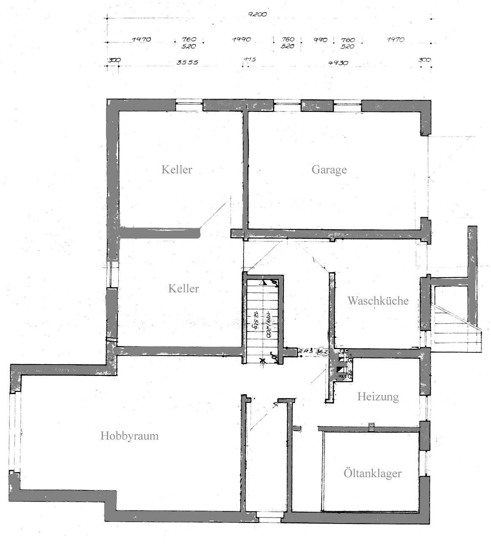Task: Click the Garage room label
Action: point(329,170)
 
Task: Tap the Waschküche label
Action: point(378,301)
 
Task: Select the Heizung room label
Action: point(378,397)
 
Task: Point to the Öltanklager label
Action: point(372,473)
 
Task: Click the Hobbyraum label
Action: point(130,436)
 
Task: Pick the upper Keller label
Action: point(177,170)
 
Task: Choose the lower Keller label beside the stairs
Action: point(183,289)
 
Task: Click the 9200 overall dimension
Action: point(258,14)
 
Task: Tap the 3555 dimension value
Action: point(187,62)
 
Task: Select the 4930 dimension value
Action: point(338,63)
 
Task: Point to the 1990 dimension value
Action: point(241,40)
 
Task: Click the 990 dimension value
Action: point(320,40)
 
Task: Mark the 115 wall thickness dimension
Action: point(250,60)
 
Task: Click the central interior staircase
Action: point(262,319)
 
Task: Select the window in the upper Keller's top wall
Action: point(189,105)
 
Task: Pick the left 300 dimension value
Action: point(114,60)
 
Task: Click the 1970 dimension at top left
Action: point(141,40)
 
